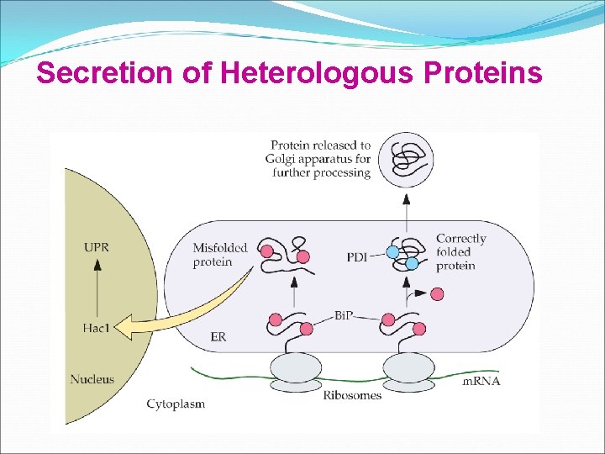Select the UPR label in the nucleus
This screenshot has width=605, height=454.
coord(97,248)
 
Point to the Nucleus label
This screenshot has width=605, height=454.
coord(92,379)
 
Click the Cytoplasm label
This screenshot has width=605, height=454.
coord(176,404)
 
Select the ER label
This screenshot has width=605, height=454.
coord(218,337)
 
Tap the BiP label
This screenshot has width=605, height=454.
coord(344,314)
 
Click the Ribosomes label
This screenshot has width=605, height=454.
coord(352,395)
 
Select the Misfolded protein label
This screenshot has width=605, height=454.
coord(220,254)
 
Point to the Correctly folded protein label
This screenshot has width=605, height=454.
coord(460,252)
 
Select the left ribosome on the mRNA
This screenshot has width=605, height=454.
coord(294,370)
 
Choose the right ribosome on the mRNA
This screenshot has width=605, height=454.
coord(408,370)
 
